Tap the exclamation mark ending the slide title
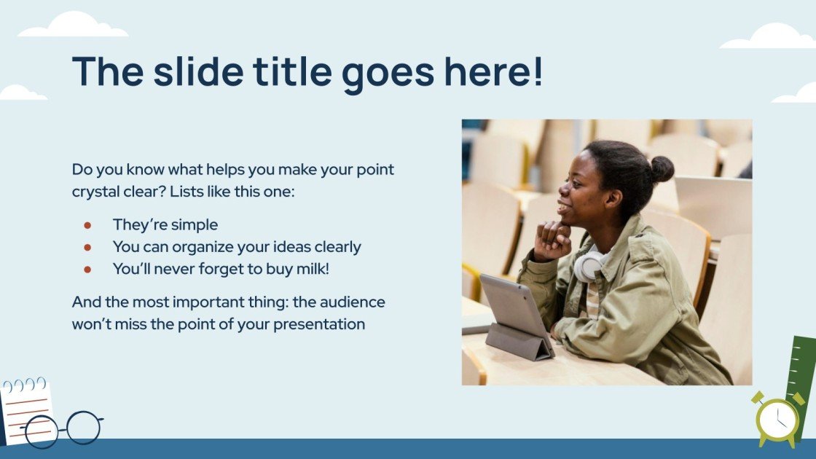tap(538, 71)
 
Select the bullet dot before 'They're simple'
tap(87, 225)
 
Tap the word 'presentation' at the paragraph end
tap(319, 324)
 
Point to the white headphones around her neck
tap(589, 266)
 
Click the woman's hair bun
tap(661, 169)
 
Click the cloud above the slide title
tap(73, 25)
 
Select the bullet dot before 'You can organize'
tap(87, 247)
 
